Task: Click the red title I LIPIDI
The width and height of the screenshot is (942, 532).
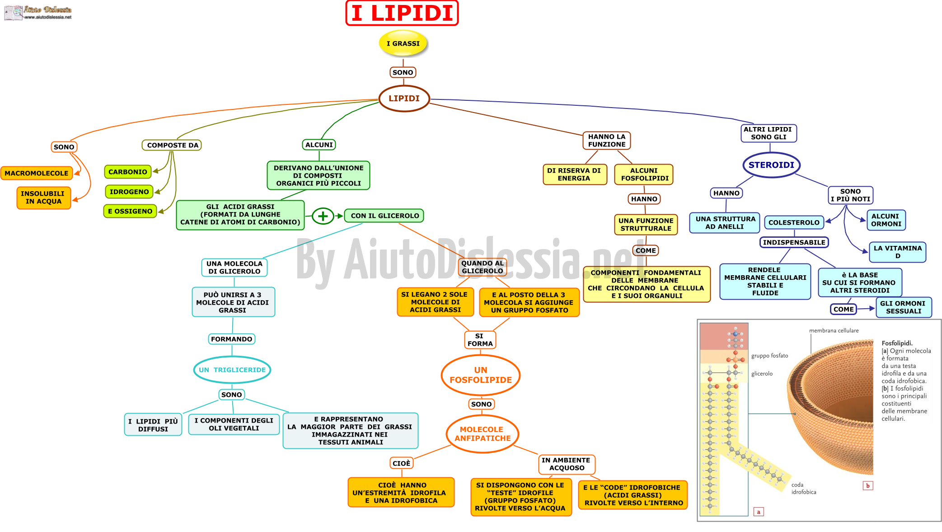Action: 402,13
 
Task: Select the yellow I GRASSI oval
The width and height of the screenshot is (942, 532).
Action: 403,43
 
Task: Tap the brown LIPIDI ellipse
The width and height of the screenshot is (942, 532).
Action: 404,99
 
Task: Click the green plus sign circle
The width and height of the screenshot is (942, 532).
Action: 323,216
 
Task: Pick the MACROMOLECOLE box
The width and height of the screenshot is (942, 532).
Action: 37,173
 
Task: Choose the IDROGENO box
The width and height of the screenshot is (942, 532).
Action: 129,192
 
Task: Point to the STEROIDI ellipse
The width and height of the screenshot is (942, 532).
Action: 771,165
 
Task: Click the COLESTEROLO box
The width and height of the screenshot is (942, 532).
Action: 794,222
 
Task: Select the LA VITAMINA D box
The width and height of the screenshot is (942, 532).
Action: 897,252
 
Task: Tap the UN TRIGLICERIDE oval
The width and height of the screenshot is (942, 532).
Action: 232,370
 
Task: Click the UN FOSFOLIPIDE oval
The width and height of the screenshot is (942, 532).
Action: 481,375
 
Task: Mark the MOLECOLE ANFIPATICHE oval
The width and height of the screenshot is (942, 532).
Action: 483,434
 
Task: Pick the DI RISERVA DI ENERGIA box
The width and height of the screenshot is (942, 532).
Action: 574,174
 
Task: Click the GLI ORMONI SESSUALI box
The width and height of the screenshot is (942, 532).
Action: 904,307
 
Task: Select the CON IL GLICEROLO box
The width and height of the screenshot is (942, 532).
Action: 384,216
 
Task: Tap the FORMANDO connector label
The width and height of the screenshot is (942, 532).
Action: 232,339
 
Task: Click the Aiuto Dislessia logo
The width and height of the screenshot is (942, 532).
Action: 38,12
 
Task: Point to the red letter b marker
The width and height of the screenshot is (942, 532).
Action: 868,486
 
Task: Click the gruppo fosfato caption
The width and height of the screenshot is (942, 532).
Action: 769,356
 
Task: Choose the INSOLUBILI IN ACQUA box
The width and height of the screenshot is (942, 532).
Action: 43,198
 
